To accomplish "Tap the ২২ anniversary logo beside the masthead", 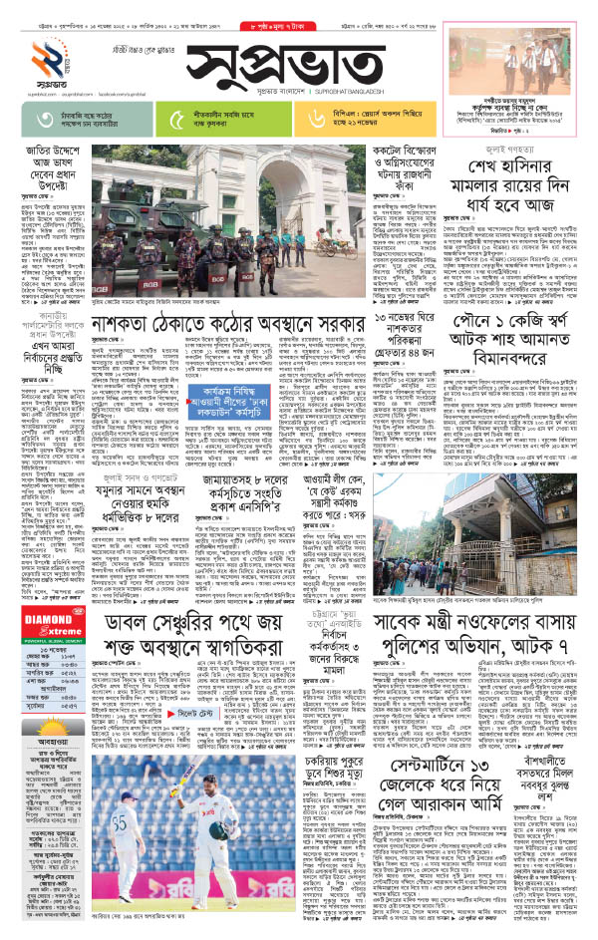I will pos(32,62).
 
